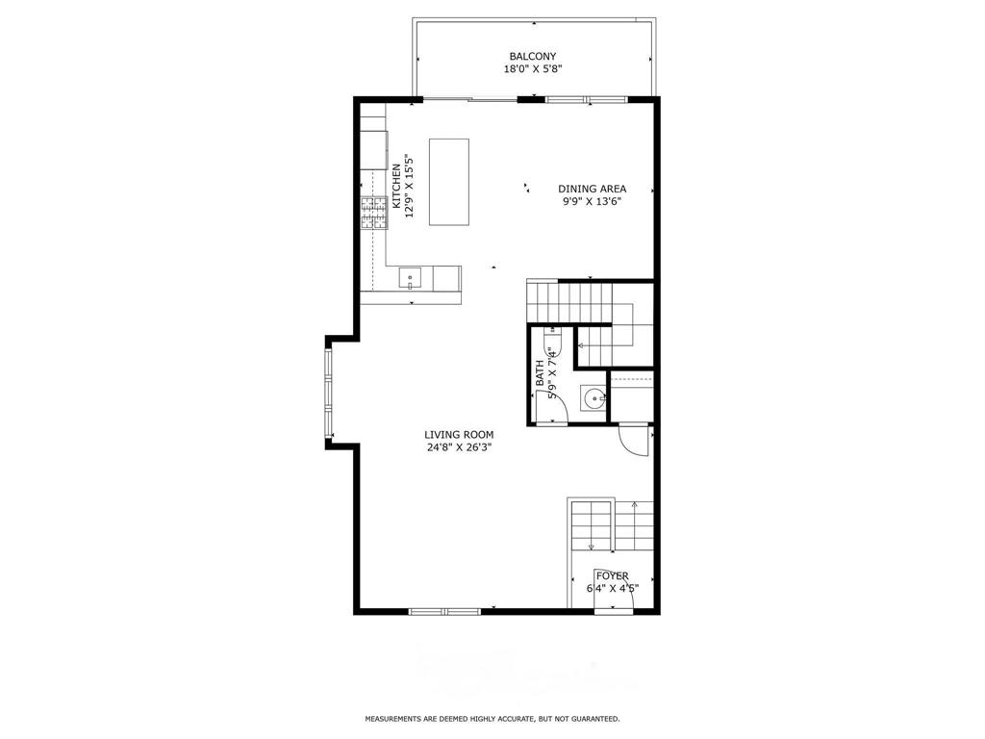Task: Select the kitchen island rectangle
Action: point(449,182)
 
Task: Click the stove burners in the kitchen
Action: point(373,213)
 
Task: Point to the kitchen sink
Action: point(411,279)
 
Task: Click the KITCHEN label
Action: point(395,187)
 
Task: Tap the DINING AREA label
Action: point(593,189)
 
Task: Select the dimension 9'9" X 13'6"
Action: point(593,201)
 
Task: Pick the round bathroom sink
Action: point(594,397)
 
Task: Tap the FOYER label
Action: point(613,575)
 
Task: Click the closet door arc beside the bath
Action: point(634,441)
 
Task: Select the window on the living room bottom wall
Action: point(444,611)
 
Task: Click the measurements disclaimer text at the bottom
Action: point(492,719)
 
